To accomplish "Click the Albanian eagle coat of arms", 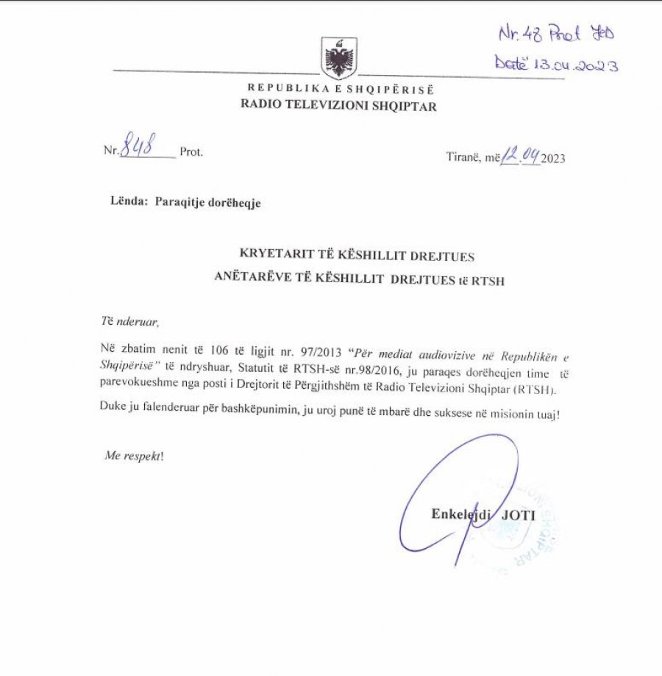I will pos(339,59).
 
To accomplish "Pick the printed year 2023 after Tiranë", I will pos(553,157).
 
